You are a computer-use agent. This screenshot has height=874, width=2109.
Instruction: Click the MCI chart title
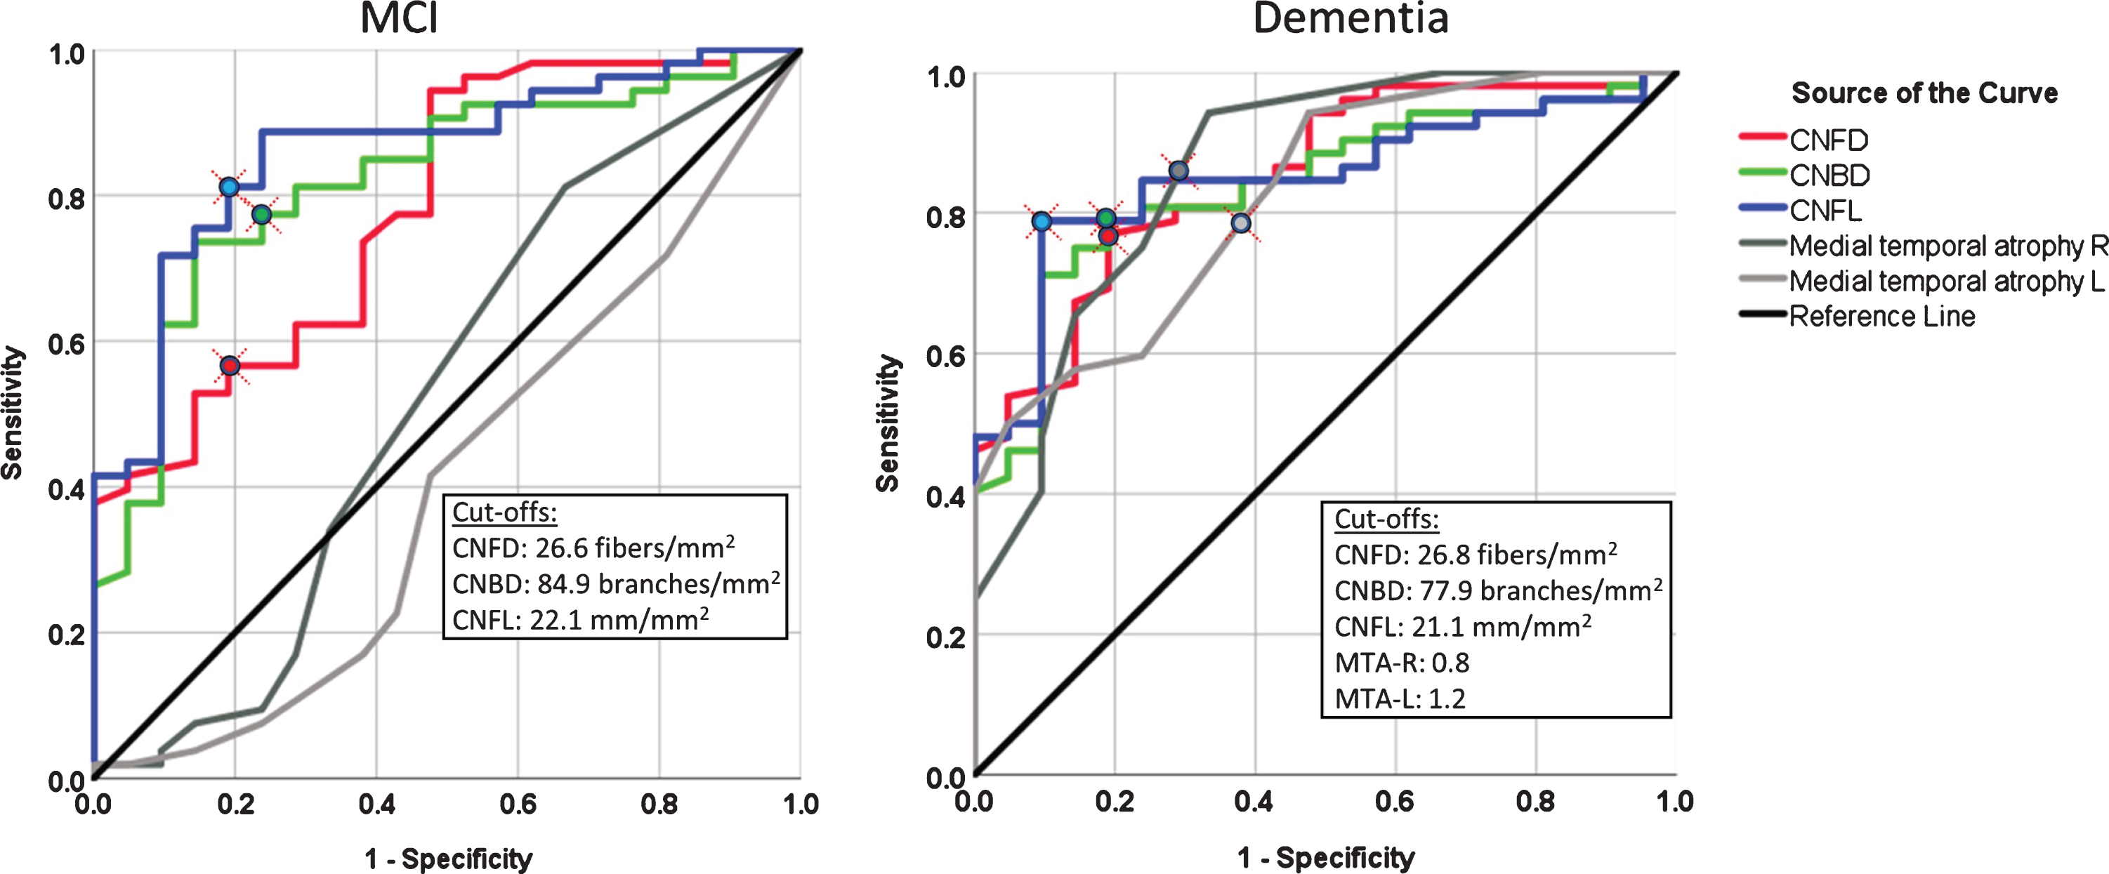tap(400, 18)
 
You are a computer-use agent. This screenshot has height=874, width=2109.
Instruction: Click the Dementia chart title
tap(1351, 18)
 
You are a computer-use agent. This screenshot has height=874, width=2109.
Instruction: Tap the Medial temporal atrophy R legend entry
tap(1947, 246)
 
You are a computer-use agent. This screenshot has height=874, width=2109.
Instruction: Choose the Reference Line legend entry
tap(1881, 316)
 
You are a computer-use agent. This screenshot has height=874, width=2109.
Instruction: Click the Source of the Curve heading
tap(1924, 93)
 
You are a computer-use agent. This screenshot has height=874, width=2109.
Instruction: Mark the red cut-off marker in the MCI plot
tap(230, 365)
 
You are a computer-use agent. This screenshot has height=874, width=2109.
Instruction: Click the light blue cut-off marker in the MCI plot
tap(229, 187)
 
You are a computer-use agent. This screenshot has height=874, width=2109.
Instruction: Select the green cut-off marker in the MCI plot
tap(261, 214)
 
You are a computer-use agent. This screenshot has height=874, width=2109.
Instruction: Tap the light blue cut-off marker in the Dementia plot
tap(1042, 221)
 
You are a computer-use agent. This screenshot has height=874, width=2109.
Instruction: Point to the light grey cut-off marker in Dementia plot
tap(1241, 223)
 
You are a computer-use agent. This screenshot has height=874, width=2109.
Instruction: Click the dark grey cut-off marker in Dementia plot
tap(1178, 170)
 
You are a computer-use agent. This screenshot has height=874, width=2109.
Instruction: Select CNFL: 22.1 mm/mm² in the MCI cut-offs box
tap(581, 618)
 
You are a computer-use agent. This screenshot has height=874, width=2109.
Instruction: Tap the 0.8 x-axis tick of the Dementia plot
tap(1535, 801)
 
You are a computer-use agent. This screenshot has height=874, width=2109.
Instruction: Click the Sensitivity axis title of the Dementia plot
tap(888, 423)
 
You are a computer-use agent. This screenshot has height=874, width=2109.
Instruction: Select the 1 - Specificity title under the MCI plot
tap(449, 859)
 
